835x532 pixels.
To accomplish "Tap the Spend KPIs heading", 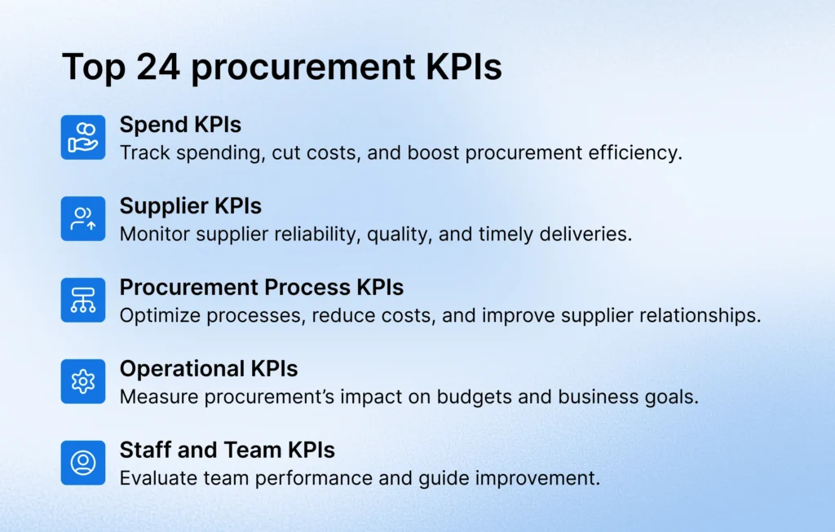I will (x=180, y=125).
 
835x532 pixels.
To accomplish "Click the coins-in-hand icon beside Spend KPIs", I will (x=83, y=137).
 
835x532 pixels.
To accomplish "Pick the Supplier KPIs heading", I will (x=190, y=206).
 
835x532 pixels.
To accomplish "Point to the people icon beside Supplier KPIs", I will (x=83, y=218).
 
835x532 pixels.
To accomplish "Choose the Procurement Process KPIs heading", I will (x=261, y=288).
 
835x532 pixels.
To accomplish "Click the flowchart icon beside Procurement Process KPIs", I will (x=83, y=300).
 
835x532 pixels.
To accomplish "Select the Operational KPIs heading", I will (x=208, y=369).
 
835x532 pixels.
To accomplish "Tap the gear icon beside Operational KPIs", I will (x=83, y=381).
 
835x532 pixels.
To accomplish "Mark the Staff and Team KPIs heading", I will (x=227, y=451).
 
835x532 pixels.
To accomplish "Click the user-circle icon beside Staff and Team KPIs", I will (x=83, y=463).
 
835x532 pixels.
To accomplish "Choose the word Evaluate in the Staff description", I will (x=152, y=478).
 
